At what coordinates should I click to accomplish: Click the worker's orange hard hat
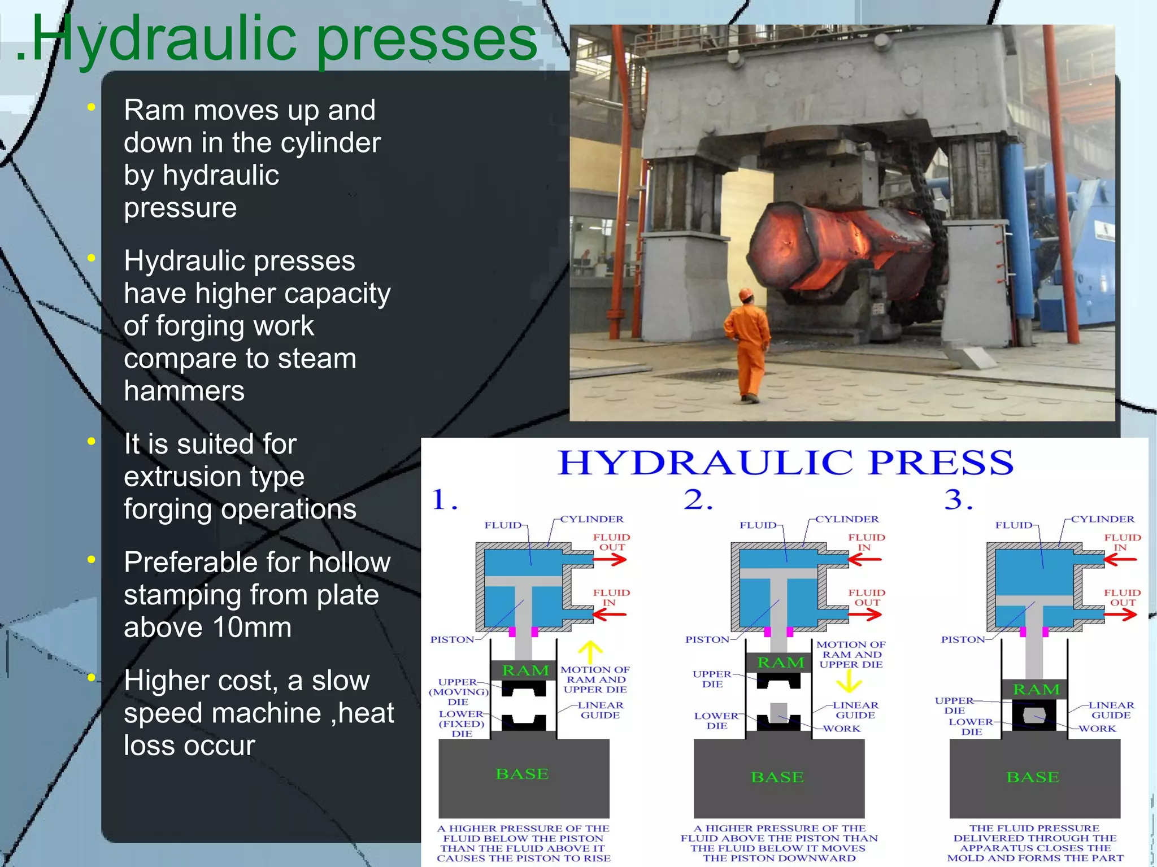click(x=746, y=295)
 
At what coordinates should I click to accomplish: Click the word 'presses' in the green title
click(x=427, y=40)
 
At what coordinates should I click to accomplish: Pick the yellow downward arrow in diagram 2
click(x=849, y=683)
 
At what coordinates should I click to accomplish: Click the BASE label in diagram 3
click(x=1033, y=777)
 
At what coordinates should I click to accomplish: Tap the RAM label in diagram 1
click(x=525, y=670)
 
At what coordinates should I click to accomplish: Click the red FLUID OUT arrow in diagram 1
click(x=610, y=560)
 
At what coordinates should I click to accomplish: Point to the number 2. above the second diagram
click(x=698, y=500)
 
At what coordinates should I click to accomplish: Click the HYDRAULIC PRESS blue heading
click(x=785, y=463)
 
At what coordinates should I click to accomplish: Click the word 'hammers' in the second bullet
click(x=184, y=391)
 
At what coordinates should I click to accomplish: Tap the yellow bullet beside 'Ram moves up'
click(x=91, y=107)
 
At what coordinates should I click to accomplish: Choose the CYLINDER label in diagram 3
click(x=1102, y=519)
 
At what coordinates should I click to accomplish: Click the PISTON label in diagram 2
click(x=707, y=639)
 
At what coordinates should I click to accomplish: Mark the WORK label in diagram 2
click(x=842, y=729)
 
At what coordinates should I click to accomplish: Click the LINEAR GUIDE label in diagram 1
click(x=601, y=710)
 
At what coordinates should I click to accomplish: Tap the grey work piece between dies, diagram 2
click(x=778, y=712)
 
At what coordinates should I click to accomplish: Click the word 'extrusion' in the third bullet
click(x=181, y=477)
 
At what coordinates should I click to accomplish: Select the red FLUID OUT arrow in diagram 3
click(x=1121, y=615)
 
